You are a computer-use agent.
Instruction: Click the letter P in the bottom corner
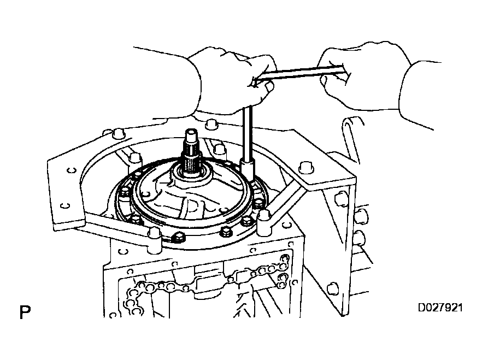tap(23, 314)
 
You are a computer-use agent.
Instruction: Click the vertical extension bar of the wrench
tap(247, 131)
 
